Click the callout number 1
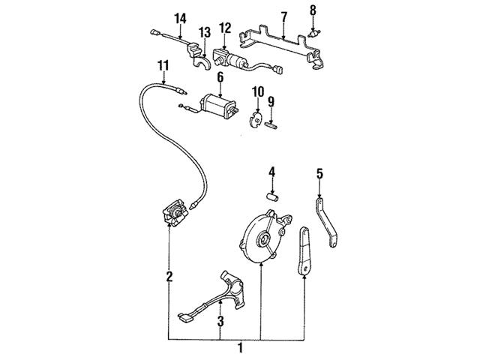coord(240,348)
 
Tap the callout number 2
coord(169,277)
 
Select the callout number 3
coord(220,322)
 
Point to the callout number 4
coord(273,172)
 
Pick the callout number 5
coord(319,174)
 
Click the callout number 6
coord(220,76)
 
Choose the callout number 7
coord(283,16)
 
